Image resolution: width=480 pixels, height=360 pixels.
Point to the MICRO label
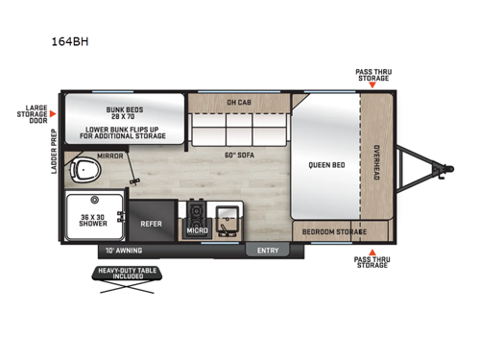coord(199,230)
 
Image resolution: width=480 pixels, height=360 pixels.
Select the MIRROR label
coord(109,154)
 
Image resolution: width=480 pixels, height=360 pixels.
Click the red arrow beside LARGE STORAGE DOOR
coord(54,113)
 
